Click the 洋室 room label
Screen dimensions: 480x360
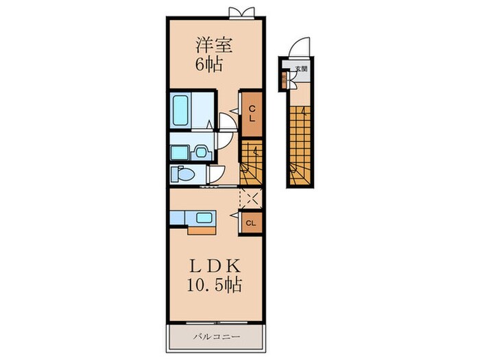[214, 46]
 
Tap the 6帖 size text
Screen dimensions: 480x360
[209, 64]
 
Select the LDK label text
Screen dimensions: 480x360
[215, 266]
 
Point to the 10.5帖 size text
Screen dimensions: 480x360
[214, 285]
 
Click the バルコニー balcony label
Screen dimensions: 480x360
[217, 337]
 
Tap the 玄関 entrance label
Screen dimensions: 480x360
[301, 69]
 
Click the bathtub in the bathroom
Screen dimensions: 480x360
[180, 110]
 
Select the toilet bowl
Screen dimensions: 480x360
[183, 175]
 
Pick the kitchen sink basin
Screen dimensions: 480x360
[204, 218]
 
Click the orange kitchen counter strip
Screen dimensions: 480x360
[202, 230]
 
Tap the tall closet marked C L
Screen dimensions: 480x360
[252, 114]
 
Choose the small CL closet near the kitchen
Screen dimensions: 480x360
[251, 223]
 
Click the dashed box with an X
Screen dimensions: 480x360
[251, 198]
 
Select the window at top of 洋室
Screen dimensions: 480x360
[242, 13]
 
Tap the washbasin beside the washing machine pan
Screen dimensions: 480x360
[200, 152]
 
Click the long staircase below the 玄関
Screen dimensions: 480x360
[300, 145]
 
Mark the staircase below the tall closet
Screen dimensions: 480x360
[251, 163]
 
